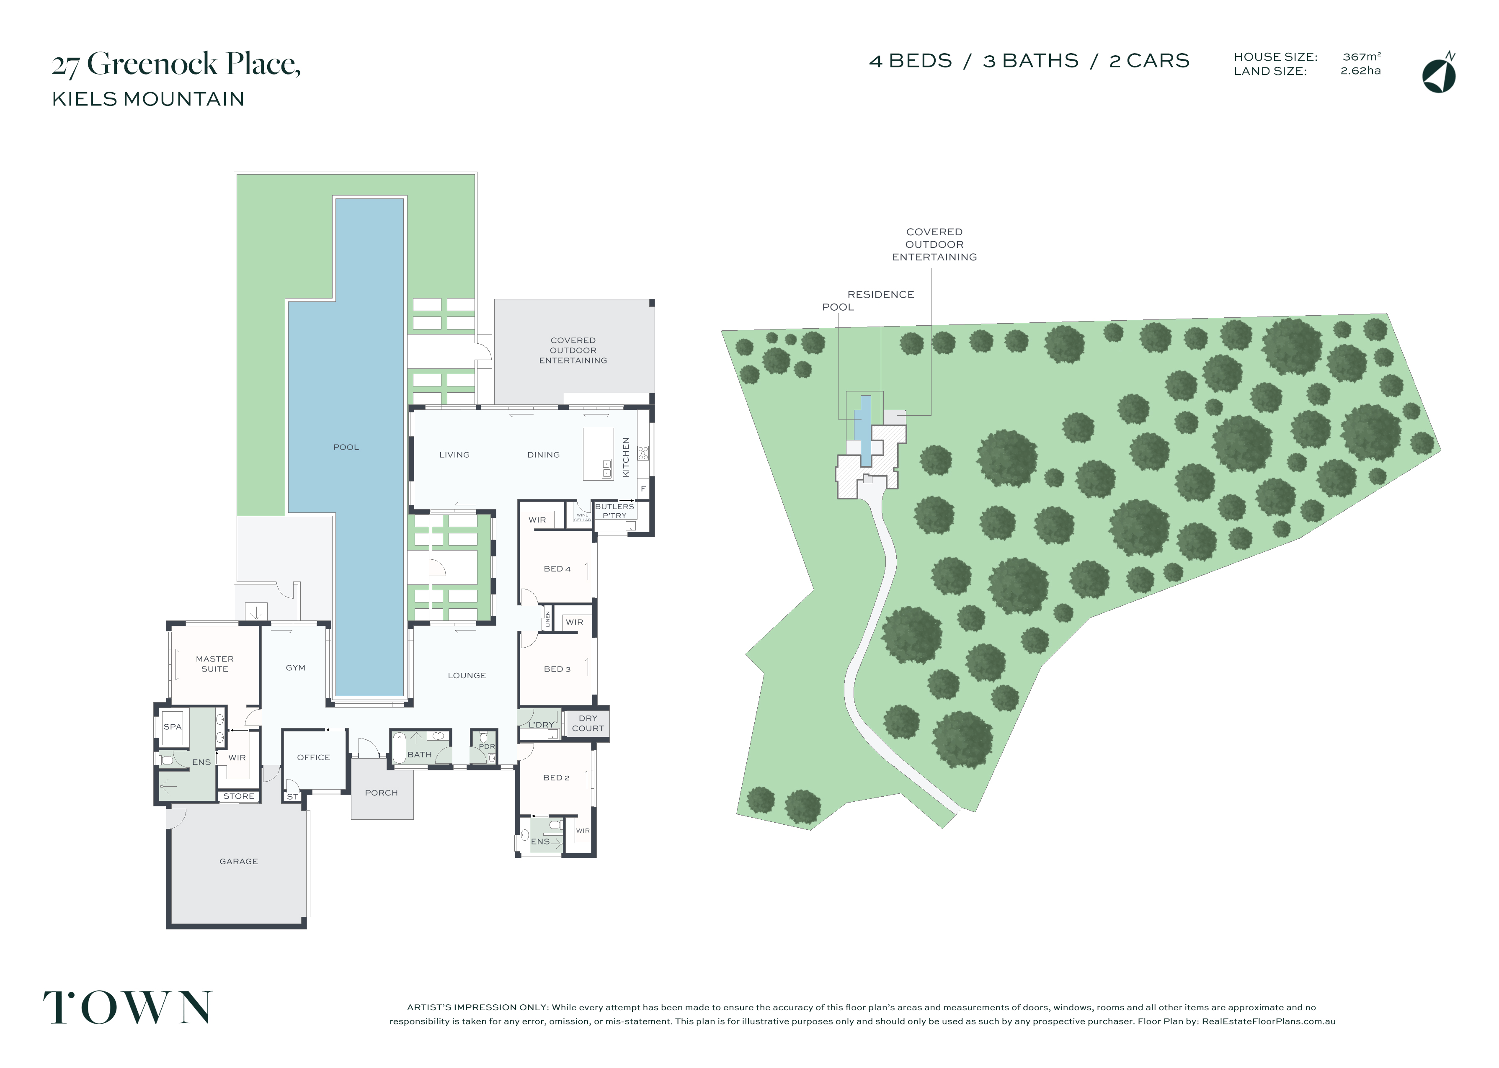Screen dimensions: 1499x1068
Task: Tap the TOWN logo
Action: coord(128,1007)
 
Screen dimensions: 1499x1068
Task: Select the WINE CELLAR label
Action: coord(582,517)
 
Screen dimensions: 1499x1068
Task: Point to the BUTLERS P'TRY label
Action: coord(614,511)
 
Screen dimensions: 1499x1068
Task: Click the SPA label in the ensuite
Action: coord(172,727)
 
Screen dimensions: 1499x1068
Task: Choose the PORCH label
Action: coord(382,793)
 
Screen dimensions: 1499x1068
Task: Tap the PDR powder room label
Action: coord(487,746)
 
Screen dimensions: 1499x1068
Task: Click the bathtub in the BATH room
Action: coord(399,749)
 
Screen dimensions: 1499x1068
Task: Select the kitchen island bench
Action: coord(598,454)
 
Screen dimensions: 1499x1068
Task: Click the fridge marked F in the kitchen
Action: coord(643,489)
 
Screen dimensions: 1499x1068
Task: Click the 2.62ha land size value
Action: coord(1360,70)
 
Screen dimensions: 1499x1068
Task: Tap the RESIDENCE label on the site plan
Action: coord(881,295)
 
